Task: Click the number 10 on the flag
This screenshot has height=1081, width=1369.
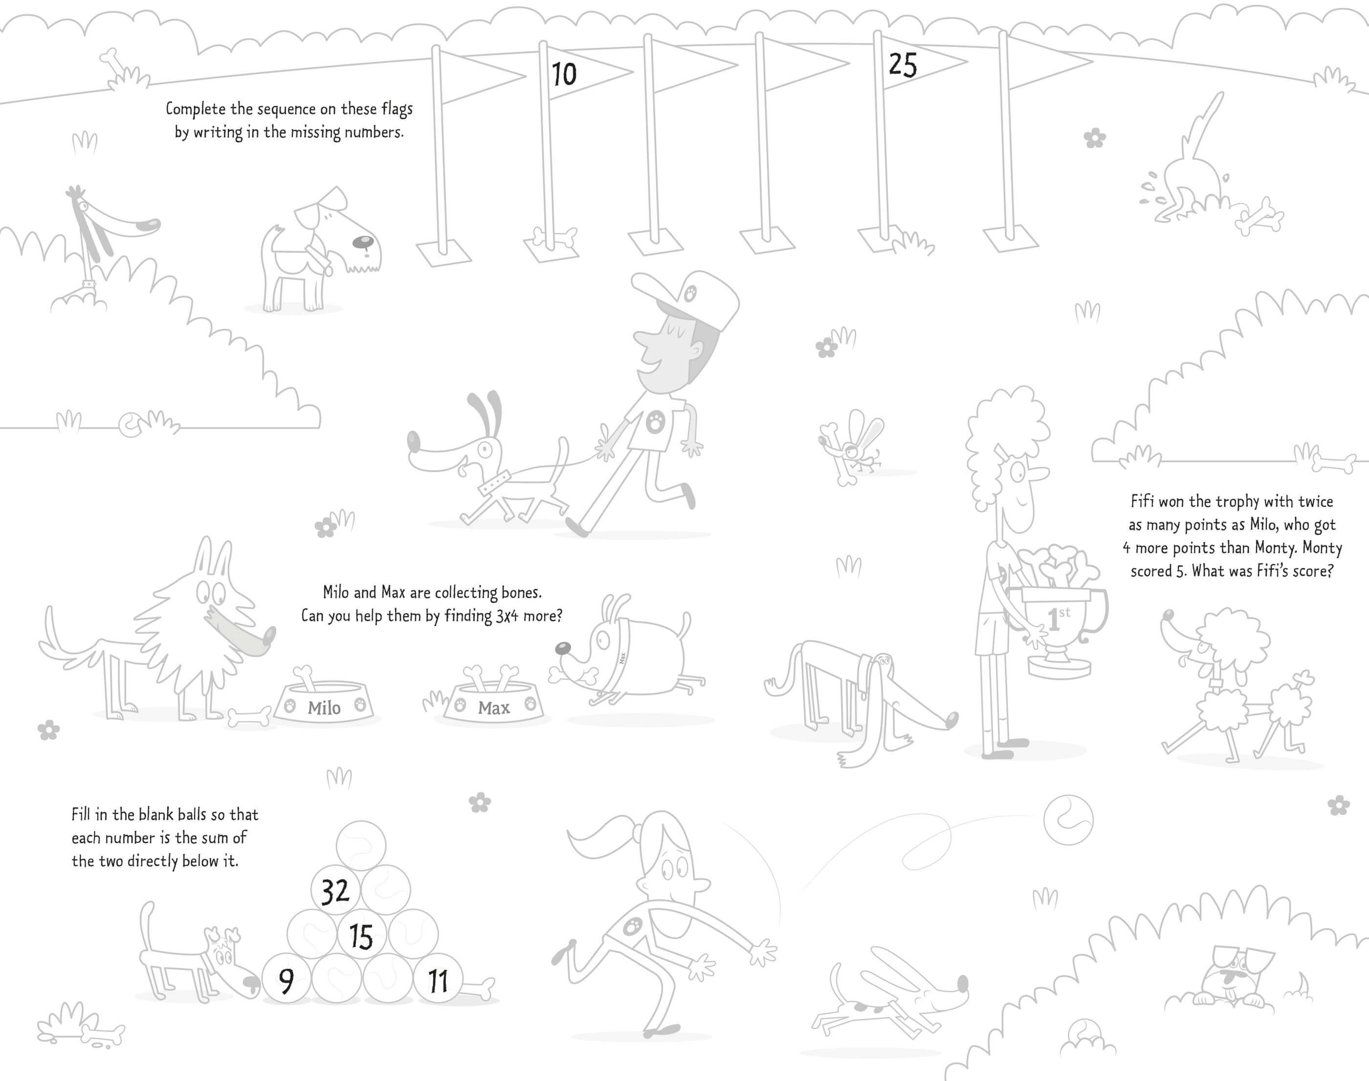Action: coord(564,74)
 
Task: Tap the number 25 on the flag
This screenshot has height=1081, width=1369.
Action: coord(902,65)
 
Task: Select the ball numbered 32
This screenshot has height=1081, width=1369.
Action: coord(335,891)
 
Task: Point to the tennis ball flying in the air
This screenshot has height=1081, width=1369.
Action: coord(1068,820)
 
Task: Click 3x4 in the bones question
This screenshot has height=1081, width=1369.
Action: coord(507,616)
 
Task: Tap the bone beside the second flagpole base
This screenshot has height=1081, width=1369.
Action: coord(554,239)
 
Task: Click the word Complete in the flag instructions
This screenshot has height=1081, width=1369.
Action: coord(196,109)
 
